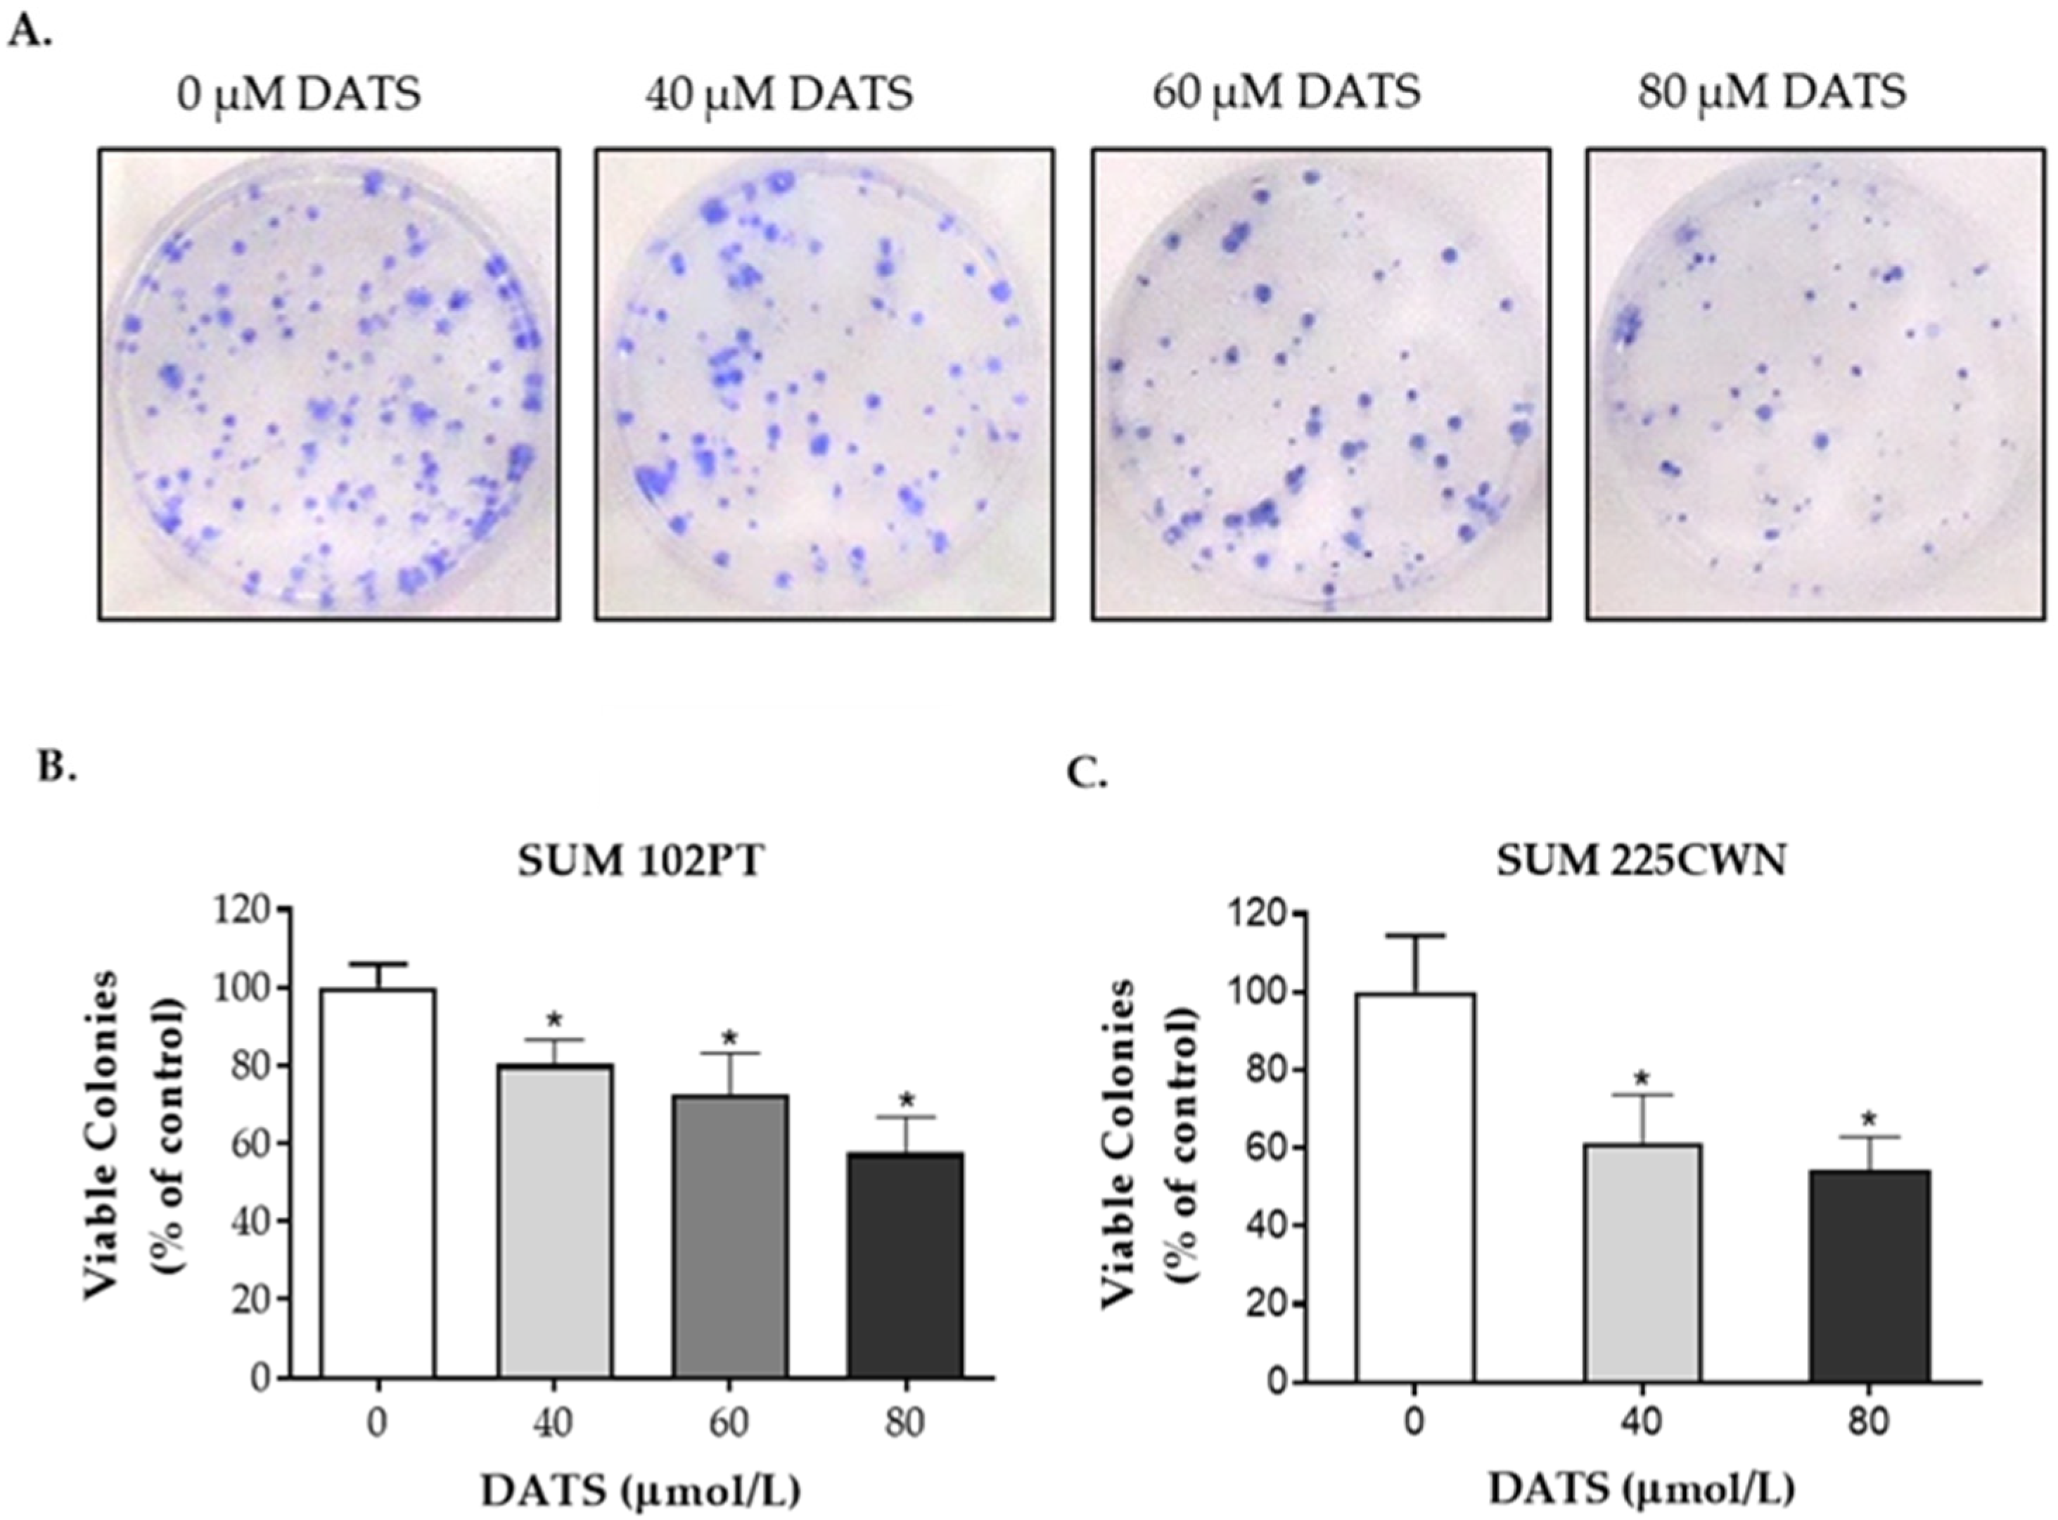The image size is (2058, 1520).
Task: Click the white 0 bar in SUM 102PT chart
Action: point(377,1182)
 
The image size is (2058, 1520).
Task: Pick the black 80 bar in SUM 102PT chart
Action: point(905,1265)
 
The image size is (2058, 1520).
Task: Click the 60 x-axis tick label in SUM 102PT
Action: point(729,1424)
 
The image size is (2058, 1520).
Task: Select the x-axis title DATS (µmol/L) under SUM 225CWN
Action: point(1641,1488)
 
